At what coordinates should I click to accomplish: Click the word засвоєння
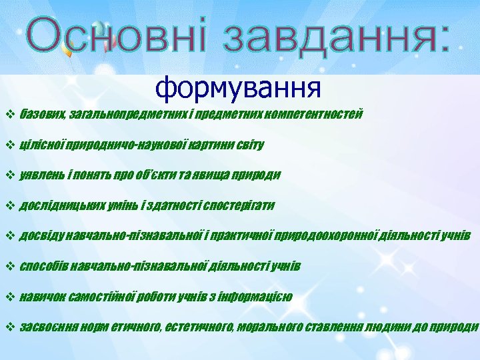point(48,327)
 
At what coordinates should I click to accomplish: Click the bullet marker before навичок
point(9,297)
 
